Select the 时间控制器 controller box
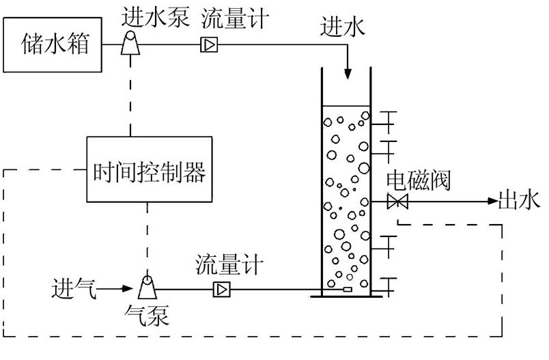149,170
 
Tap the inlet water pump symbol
129,45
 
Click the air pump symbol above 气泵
147,288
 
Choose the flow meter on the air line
222,289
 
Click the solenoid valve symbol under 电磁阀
397,202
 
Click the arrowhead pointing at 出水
492,201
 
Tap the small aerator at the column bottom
348,290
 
